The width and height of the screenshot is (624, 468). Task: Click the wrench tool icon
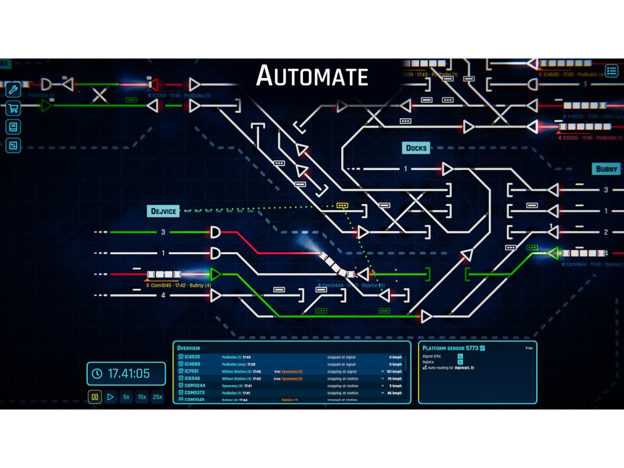[13, 91]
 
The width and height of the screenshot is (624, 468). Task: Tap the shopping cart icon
[13, 109]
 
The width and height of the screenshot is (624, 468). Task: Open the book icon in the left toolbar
[13, 127]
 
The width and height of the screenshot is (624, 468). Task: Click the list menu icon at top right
[611, 71]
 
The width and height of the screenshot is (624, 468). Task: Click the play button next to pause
[110, 397]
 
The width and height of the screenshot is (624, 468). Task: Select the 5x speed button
[126, 397]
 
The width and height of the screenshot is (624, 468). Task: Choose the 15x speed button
[142, 397]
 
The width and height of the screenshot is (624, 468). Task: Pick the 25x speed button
[158, 397]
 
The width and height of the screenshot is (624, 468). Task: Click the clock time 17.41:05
[129, 374]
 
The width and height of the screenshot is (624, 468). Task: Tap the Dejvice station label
[163, 211]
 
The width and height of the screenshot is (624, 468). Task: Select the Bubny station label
[606, 169]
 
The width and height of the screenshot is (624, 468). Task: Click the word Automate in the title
[312, 76]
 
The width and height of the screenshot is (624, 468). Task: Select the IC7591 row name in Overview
[193, 371]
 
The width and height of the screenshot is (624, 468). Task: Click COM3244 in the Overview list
[194, 386]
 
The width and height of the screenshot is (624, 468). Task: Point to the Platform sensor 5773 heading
[450, 348]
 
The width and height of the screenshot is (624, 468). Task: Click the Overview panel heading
[188, 348]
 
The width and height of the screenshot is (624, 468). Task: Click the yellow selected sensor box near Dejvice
[342, 205]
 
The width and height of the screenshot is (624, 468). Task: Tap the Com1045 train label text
[160, 285]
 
